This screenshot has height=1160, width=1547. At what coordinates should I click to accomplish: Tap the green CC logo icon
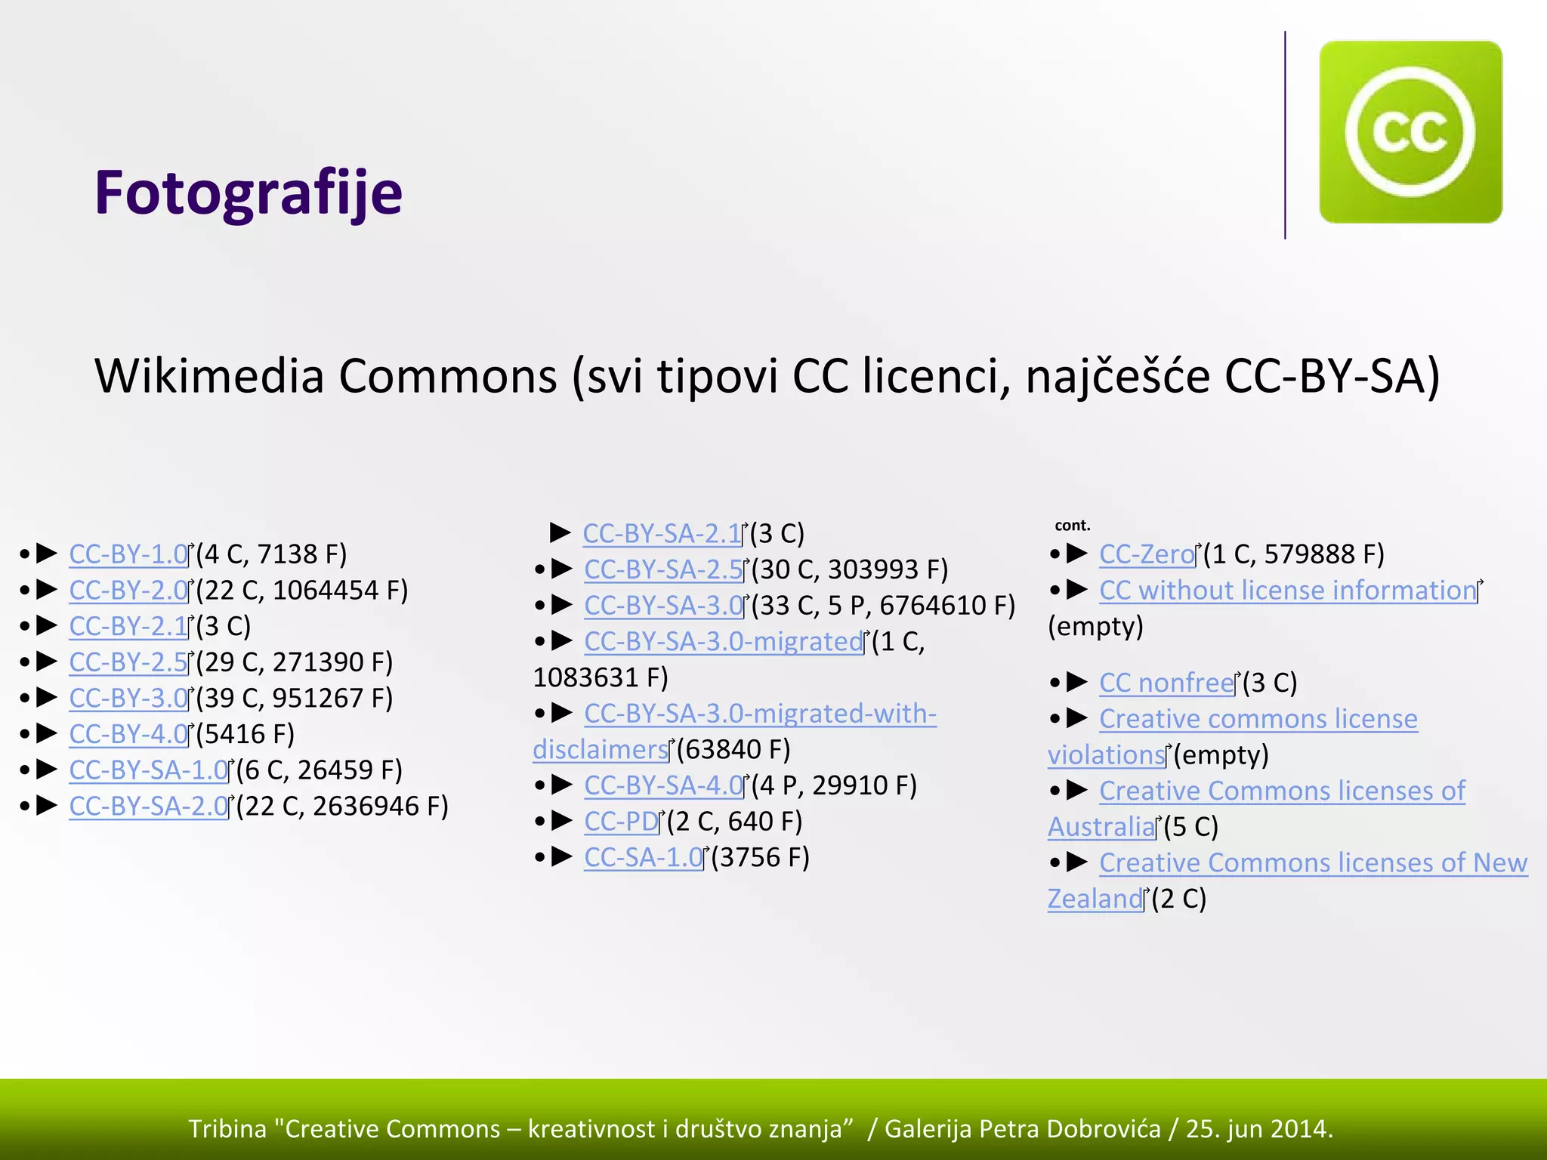click(x=1410, y=132)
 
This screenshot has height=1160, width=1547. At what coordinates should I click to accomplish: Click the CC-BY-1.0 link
click(x=128, y=554)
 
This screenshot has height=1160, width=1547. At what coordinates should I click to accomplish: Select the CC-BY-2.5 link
click(x=128, y=662)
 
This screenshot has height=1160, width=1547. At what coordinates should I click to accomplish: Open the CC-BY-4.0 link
click(x=128, y=734)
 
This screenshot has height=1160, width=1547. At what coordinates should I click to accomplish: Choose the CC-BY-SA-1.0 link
click(x=148, y=770)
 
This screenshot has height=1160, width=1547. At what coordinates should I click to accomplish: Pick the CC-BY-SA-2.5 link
click(x=663, y=569)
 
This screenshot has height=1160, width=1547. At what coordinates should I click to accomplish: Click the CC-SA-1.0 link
click(x=644, y=858)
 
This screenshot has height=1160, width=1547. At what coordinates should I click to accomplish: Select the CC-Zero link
click(x=1147, y=554)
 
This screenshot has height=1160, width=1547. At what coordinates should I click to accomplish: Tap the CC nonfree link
click(x=1166, y=683)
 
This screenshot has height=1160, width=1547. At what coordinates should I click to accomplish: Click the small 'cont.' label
click(x=1073, y=526)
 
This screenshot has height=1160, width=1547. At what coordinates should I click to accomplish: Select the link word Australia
click(x=1101, y=827)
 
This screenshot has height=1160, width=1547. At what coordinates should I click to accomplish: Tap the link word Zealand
click(x=1095, y=899)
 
